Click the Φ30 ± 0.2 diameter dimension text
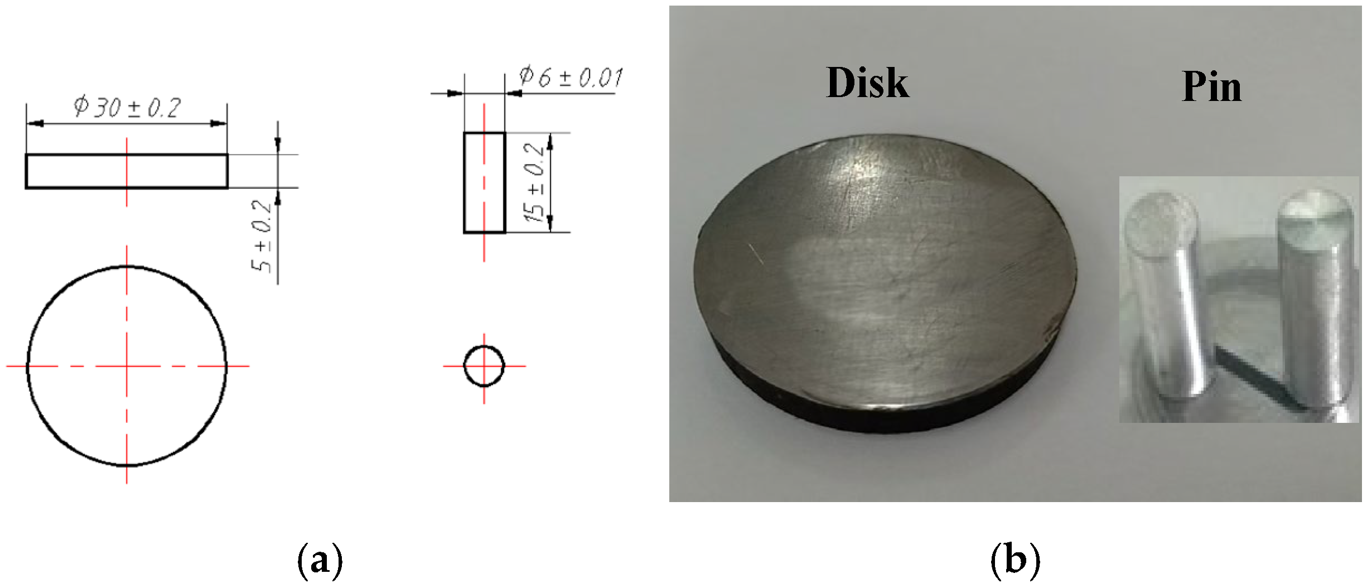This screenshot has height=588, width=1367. pos(128,108)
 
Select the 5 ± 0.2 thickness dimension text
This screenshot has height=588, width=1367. pos(262,237)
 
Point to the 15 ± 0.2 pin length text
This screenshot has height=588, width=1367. pos(536,183)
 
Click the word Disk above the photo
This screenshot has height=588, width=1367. pos(867,84)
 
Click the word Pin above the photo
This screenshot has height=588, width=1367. pos(1211,88)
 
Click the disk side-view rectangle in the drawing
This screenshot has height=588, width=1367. pos(127,171)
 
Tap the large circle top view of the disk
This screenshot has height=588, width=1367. pos(127,366)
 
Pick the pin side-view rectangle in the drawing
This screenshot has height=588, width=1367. pos(484,182)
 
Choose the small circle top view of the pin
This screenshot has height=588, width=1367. pos(484,366)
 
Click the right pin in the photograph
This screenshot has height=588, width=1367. pos(1313,301)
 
